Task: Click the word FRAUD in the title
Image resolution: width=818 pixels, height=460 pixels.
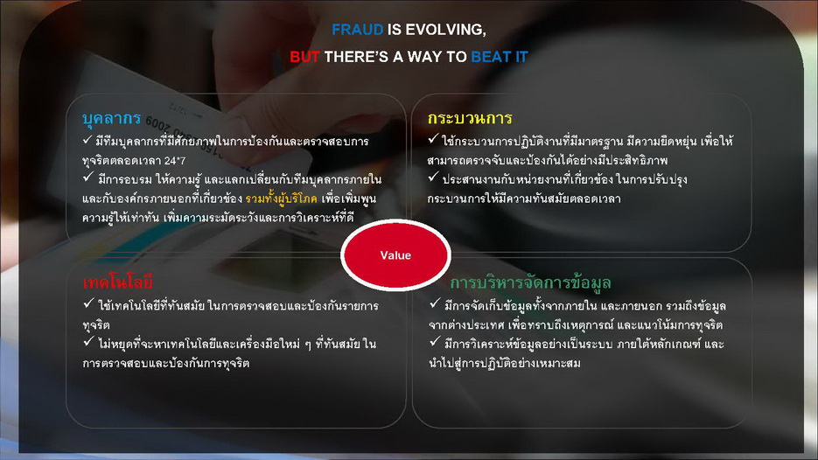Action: point(357,30)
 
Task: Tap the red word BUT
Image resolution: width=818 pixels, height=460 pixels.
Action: point(304,57)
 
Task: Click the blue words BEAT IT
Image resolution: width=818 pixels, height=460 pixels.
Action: point(500,57)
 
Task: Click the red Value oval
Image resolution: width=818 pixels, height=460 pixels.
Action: point(395,255)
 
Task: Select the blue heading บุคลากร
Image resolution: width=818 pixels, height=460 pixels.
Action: point(111,118)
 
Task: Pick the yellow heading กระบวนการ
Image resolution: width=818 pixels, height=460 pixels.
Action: point(470,118)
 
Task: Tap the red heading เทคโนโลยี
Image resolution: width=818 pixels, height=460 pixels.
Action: point(117,282)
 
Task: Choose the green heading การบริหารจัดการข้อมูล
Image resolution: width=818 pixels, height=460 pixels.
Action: point(530,282)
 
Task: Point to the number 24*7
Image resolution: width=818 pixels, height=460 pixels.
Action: point(175,161)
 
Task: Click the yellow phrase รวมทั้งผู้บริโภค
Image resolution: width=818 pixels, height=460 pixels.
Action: point(281,199)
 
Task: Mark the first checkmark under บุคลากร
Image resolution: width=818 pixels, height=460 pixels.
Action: point(87,139)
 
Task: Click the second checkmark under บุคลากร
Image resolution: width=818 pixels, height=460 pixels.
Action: point(88,178)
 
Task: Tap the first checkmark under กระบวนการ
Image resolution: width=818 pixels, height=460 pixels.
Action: point(433,139)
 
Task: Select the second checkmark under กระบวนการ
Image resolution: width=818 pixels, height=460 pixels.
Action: point(433,178)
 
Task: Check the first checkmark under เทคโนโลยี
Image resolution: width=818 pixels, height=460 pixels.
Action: point(88,303)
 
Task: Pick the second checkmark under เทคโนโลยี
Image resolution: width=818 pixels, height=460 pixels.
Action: point(88,342)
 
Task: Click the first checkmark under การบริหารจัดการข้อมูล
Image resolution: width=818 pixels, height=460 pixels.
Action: point(435,303)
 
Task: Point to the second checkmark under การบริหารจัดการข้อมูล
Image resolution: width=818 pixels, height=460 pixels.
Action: point(435,342)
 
